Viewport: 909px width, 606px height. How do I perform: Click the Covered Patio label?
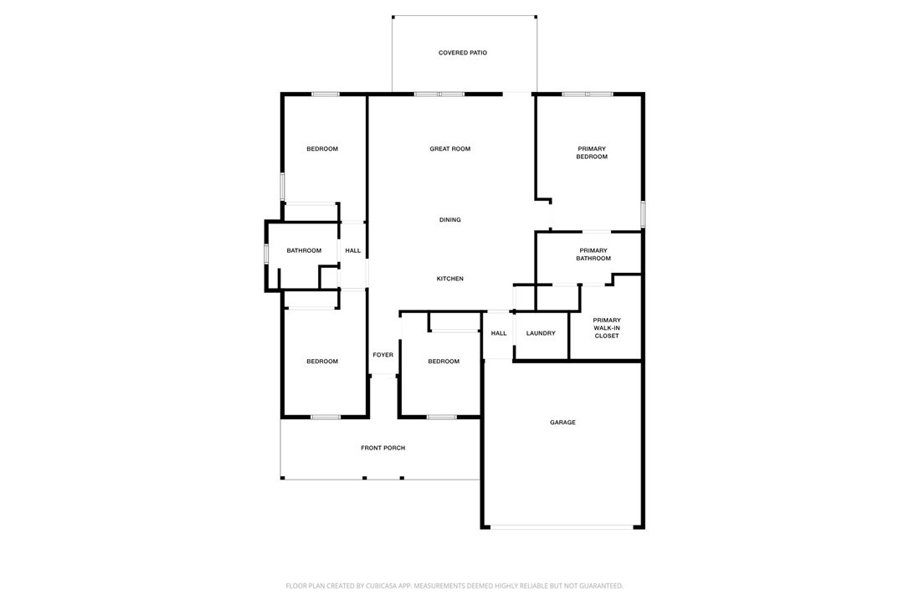[462, 53]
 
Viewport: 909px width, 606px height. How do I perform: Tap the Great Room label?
[449, 149]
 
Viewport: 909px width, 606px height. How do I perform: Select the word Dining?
[449, 220]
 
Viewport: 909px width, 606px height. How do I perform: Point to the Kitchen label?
[449, 279]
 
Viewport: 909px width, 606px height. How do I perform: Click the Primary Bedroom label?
[591, 153]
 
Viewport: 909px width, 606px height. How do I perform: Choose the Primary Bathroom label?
[593, 254]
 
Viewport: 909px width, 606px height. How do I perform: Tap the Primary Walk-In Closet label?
[606, 327]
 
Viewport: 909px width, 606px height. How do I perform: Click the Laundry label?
[541, 333]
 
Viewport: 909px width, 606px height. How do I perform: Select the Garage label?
[562, 423]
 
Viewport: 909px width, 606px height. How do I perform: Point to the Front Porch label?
[383, 448]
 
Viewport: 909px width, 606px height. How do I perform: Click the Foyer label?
[383, 355]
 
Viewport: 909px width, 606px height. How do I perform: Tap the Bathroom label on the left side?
[304, 250]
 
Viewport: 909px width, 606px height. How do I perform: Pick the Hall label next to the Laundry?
[499, 333]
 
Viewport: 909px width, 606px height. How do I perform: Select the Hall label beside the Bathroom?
[353, 250]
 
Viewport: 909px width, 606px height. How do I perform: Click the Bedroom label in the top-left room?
[322, 149]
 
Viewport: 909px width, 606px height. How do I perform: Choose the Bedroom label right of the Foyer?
[443, 362]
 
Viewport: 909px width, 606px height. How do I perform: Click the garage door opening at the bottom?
[562, 527]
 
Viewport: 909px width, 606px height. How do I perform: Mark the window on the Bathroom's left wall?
[266, 253]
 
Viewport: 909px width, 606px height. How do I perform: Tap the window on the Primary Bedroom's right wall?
[642, 214]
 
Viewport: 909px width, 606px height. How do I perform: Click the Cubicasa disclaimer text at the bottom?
[454, 586]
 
